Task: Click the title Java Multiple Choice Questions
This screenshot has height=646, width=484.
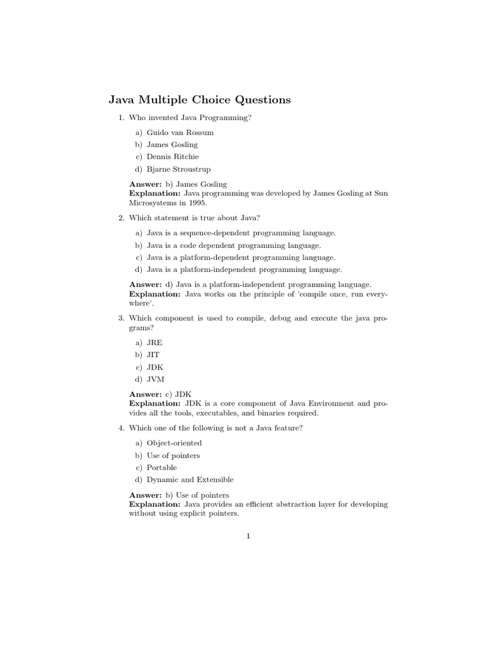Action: point(200,100)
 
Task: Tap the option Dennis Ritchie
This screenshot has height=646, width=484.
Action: point(172,156)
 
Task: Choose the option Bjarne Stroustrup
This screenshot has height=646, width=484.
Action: point(178,169)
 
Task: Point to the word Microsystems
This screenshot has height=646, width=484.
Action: point(154,204)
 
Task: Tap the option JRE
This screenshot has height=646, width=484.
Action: point(154,342)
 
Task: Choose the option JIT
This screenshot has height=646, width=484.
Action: point(153,355)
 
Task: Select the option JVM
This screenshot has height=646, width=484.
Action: point(156,379)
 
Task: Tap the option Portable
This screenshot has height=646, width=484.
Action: point(162,467)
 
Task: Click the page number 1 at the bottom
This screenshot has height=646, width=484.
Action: point(248,537)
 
